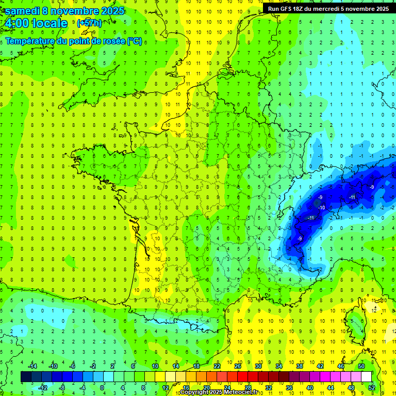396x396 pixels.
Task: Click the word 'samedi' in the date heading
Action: click(22, 11)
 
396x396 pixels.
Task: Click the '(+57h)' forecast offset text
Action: click(89, 23)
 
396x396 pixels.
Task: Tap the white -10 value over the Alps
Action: click(321, 207)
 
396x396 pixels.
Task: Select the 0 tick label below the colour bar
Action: click(102, 388)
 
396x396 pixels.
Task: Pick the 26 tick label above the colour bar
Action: click(237, 366)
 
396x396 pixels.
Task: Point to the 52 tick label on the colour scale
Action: click(370, 388)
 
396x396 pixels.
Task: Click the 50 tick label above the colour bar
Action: click(361, 366)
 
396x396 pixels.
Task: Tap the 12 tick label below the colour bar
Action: click(166, 388)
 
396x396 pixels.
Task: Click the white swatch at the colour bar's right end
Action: click(366, 377)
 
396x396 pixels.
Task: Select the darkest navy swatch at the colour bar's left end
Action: click(26, 377)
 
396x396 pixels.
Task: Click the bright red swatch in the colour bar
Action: click(242, 377)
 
